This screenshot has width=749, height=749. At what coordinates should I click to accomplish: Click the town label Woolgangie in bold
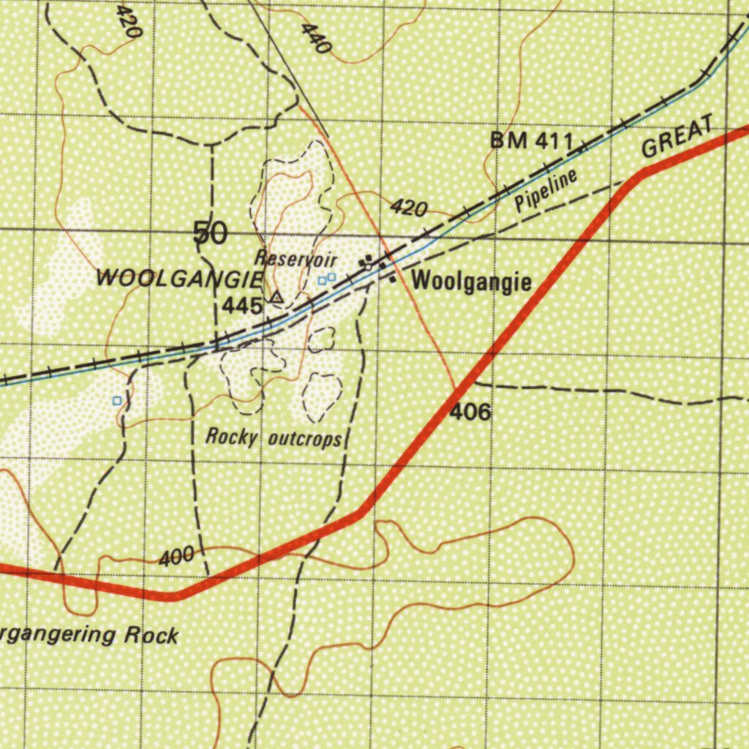472,281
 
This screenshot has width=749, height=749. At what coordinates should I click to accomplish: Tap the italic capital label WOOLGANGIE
178,279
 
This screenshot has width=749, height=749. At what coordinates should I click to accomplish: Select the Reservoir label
296,257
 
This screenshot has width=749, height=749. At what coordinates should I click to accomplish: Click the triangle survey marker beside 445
276,298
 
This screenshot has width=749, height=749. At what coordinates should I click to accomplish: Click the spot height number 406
470,413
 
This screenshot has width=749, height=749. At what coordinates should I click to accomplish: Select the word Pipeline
546,189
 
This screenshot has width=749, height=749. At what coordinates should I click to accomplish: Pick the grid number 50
210,234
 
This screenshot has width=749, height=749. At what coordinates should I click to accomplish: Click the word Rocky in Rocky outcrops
232,437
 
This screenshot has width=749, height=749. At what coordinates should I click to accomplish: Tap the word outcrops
305,440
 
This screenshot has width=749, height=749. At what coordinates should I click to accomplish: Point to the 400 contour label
176,558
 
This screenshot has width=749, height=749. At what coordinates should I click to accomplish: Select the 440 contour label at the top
316,38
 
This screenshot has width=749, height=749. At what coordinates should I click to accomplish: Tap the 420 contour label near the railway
408,208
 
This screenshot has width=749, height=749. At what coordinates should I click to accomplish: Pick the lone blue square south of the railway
117,401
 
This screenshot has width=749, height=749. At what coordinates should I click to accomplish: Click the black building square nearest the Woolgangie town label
393,279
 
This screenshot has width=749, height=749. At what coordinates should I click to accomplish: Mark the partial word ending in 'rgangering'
59,633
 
